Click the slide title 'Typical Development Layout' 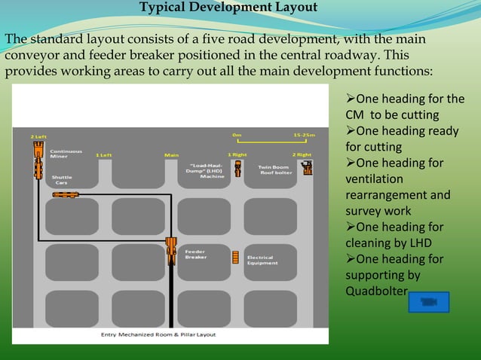tap(228, 8)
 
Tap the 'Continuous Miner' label tap(66, 154)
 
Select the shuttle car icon tap(66, 194)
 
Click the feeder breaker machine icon tap(171, 250)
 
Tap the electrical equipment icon tap(235, 257)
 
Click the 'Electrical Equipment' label tap(262, 260)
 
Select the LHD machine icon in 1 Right tap(237, 168)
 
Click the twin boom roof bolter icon tap(308, 167)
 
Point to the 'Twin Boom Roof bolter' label tap(275, 169)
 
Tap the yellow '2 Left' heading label tap(38, 136)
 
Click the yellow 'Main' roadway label tap(171, 155)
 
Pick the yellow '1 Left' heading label tap(104, 154)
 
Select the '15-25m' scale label tap(305, 136)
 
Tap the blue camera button tap(428, 302)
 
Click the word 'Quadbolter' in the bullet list tap(376, 291)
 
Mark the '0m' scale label tap(237, 136)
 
